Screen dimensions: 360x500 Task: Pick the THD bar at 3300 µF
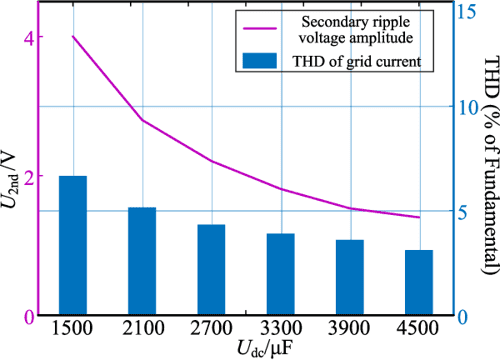(x=280, y=275)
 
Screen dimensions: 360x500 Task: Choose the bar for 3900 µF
(x=349, y=278)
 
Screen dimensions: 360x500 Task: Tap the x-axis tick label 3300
(x=280, y=329)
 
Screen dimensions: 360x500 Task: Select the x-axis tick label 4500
(x=418, y=329)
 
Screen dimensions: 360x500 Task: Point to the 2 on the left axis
(x=29, y=177)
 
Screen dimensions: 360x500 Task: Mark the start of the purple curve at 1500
(x=73, y=37)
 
